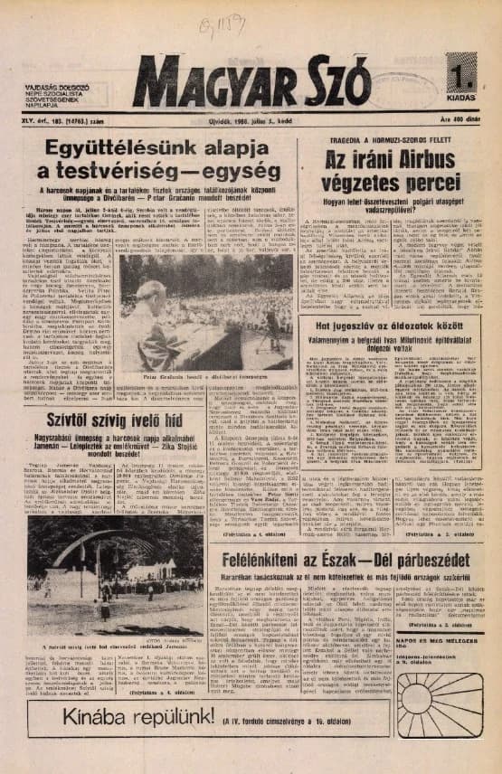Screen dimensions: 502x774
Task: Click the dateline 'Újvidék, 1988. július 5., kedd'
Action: coord(252,119)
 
